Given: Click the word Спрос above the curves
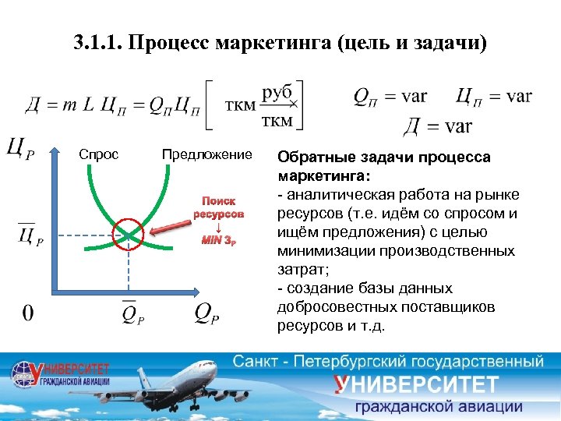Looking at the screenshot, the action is [99, 154].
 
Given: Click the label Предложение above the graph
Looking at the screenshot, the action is [206, 154].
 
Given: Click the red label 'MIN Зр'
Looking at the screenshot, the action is [219, 239].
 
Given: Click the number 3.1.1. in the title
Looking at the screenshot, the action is [101, 41].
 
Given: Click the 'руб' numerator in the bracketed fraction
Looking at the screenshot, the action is [277, 92].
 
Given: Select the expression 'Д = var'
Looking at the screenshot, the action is [438, 125].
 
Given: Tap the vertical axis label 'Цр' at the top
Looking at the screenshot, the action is [20, 147].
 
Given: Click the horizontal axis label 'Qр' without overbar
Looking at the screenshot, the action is [206, 313].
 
